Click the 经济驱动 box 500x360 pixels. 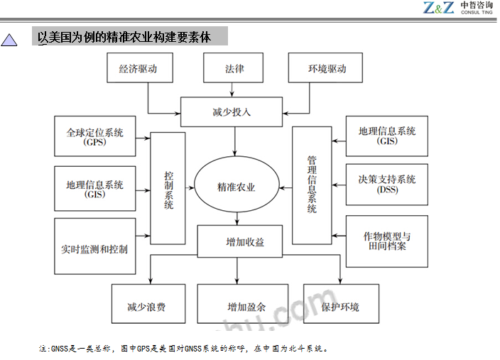(137, 69)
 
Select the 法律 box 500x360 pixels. (234, 69)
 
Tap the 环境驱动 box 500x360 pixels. (326, 69)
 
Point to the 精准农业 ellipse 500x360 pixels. (236, 187)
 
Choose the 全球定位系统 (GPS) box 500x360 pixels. (94, 136)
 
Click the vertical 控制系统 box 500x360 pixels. (168, 188)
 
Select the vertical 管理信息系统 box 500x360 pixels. (312, 185)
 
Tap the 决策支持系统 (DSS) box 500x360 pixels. (387, 184)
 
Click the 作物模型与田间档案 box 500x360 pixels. (387, 241)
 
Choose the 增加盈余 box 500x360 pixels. (243, 307)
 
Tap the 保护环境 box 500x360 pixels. (340, 307)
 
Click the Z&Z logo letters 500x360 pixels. (437, 8)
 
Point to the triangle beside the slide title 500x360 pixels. (10, 40)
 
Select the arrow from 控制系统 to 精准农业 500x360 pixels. (190, 187)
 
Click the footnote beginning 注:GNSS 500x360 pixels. (183, 349)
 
